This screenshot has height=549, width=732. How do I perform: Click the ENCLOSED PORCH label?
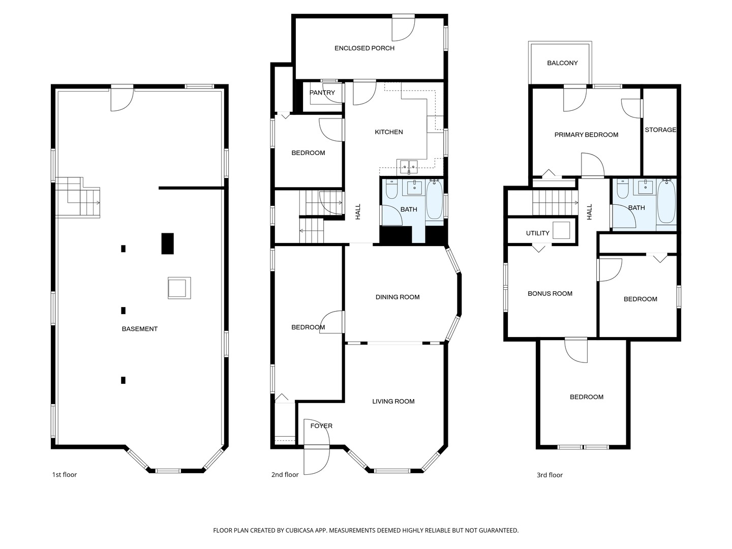(364, 48)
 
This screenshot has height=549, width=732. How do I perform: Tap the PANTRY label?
(322, 93)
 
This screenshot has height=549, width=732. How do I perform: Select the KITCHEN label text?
(389, 132)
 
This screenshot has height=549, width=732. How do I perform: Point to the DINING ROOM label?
(398, 297)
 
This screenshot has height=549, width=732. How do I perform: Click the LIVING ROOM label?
(393, 402)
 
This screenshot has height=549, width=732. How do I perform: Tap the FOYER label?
(321, 426)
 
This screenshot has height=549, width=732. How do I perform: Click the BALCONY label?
(562, 63)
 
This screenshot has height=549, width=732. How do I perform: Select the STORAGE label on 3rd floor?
(660, 130)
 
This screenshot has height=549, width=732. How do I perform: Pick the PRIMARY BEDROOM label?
(586, 135)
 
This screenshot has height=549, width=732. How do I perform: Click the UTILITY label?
(537, 233)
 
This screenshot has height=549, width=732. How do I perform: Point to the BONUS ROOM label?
(550, 294)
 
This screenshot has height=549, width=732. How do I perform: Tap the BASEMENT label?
(140, 329)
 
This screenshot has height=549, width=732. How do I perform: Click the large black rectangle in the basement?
(167, 243)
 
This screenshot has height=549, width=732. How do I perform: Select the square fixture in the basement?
(179, 288)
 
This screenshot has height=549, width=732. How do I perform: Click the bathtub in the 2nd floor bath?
(434, 199)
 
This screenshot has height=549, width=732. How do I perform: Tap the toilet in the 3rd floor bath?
(622, 189)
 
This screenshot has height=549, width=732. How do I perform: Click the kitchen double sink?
(408, 165)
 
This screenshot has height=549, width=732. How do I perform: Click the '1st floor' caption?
(65, 475)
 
